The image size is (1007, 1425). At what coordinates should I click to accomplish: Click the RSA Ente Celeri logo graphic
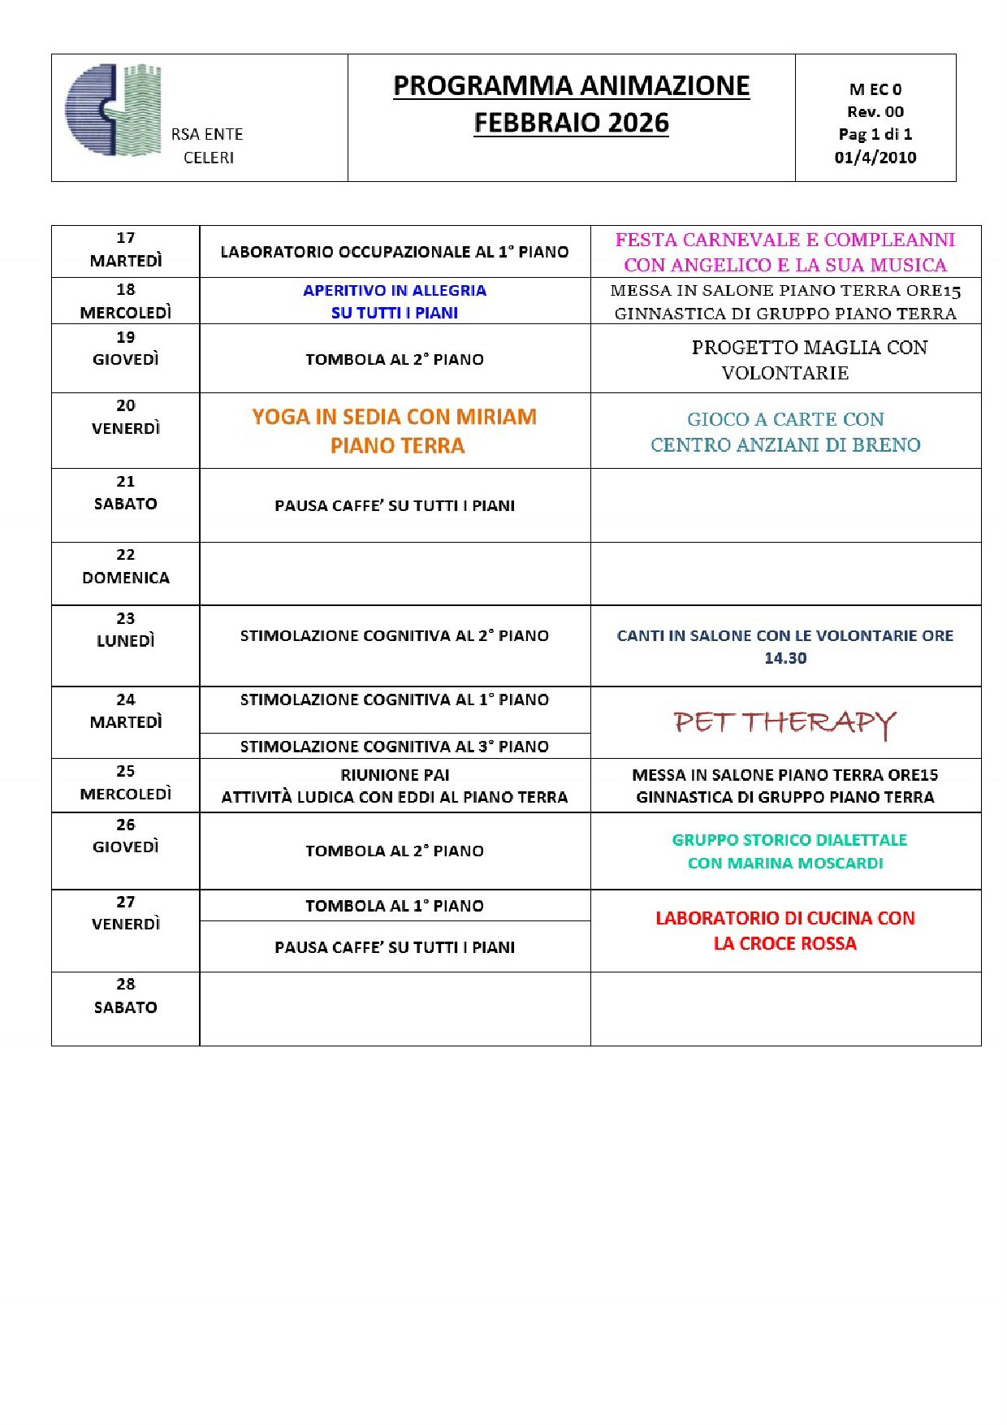114,110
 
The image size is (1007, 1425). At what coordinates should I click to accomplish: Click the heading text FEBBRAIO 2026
571,123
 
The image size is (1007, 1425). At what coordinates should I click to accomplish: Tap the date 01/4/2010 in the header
875,158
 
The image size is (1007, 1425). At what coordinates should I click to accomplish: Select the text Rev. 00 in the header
875,112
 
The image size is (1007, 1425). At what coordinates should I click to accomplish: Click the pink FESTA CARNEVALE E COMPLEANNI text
784,240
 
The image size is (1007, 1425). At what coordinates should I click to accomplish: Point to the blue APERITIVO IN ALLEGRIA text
395,290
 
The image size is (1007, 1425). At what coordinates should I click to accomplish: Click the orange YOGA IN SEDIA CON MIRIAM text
395,417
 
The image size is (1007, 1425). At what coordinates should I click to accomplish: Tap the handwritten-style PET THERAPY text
784,722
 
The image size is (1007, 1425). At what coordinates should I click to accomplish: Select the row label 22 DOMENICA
125,567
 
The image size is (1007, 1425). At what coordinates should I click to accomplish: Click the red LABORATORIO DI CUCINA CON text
784,918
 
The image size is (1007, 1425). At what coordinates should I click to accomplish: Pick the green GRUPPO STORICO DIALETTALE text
789,840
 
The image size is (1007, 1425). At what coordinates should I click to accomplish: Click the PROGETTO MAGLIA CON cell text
809,348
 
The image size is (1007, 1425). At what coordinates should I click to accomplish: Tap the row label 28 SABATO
125,996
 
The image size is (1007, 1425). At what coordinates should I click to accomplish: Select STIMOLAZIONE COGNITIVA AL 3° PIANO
395,747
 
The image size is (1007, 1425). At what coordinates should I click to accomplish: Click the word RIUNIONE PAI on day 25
395,775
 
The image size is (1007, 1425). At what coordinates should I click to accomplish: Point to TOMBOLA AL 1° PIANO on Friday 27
395,906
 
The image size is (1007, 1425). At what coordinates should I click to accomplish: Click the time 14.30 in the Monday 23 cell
784,659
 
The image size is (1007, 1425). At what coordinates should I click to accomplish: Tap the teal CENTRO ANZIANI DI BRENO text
784,445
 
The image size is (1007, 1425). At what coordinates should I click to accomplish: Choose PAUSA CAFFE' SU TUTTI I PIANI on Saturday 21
395,506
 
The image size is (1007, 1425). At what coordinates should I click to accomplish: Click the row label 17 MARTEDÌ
125,249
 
